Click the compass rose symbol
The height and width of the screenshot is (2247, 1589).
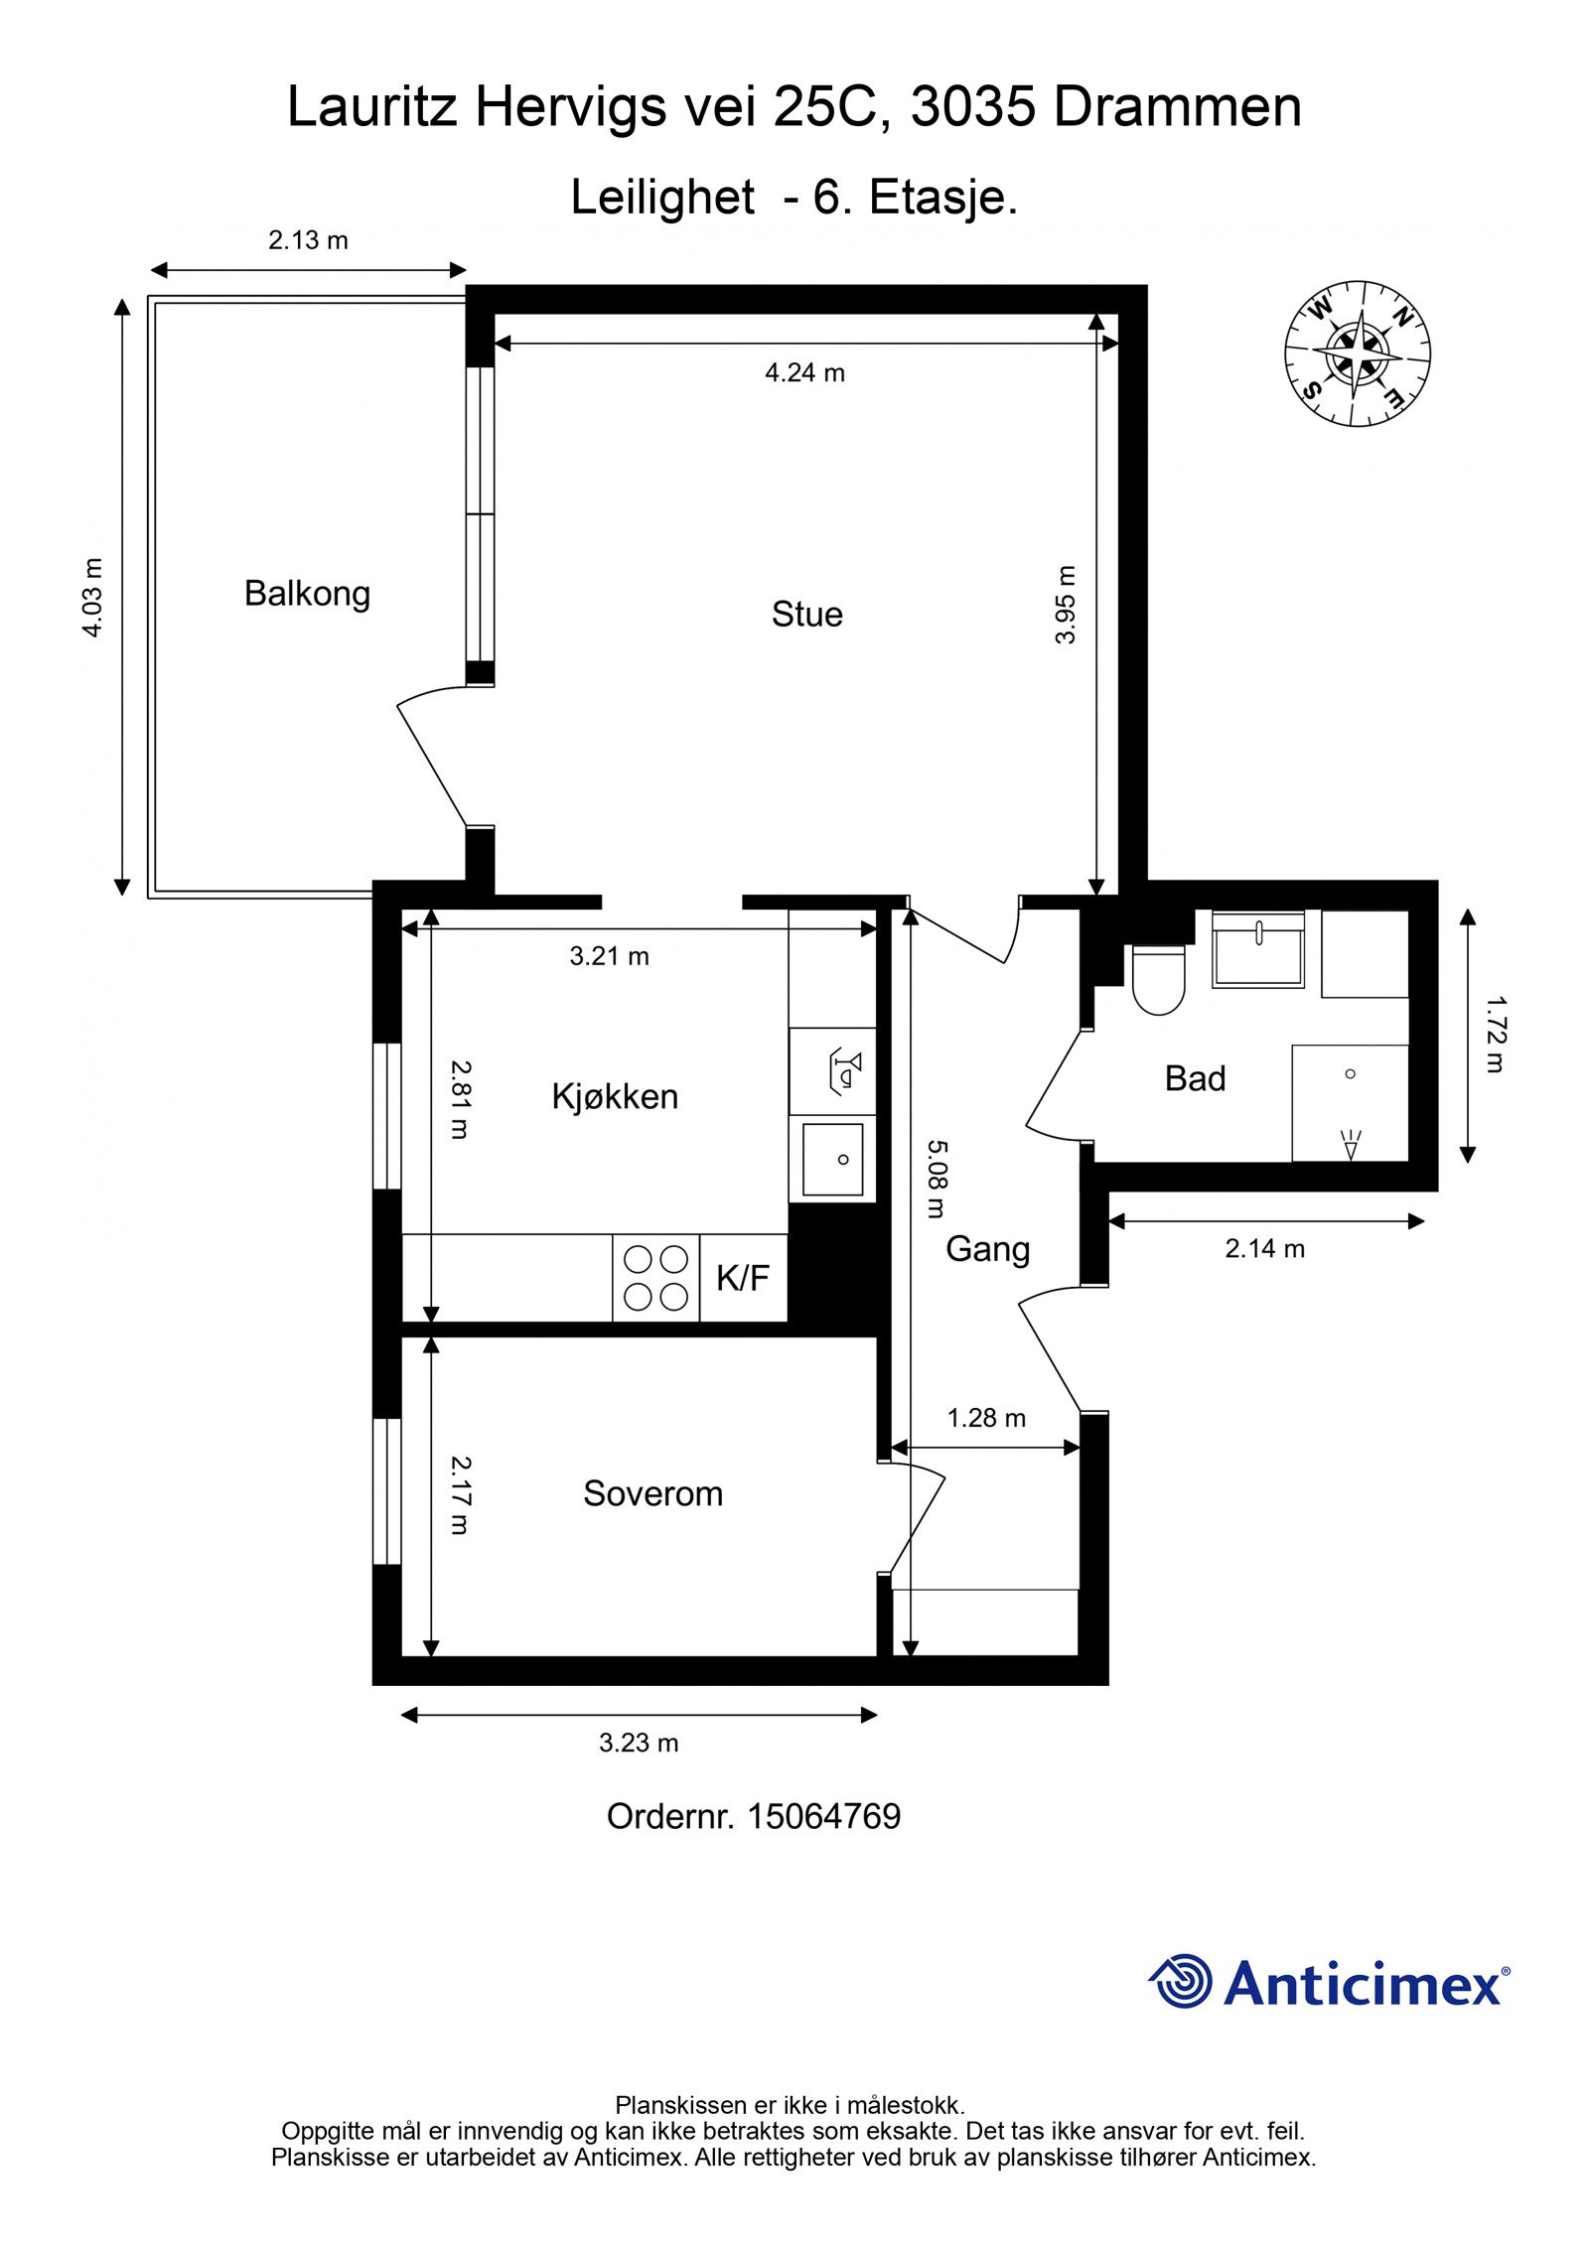point(1358,353)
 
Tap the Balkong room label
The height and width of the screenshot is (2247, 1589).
point(307,594)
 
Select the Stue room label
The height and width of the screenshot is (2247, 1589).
point(806,615)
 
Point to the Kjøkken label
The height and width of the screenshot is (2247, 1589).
point(615,1097)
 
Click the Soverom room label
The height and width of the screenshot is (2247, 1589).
point(652,1493)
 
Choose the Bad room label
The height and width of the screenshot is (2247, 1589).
point(1195,1078)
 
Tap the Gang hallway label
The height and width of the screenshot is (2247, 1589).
point(987,1249)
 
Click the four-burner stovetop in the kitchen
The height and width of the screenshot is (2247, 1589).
point(655,1278)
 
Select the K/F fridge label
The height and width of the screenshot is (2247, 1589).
point(743,1278)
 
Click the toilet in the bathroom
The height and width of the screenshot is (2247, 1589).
point(1159,979)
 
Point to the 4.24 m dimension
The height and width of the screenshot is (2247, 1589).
point(804,372)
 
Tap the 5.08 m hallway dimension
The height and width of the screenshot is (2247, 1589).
point(937,1179)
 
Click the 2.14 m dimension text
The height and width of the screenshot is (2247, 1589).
point(1264,1249)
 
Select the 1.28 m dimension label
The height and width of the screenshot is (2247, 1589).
point(986,1418)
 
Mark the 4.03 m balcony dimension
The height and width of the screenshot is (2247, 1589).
point(91,598)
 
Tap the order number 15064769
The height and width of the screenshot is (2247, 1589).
point(823,1816)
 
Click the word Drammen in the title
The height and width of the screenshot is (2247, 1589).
point(1177,107)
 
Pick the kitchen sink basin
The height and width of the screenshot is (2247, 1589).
point(832,1159)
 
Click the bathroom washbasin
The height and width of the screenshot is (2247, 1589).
point(1258,949)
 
